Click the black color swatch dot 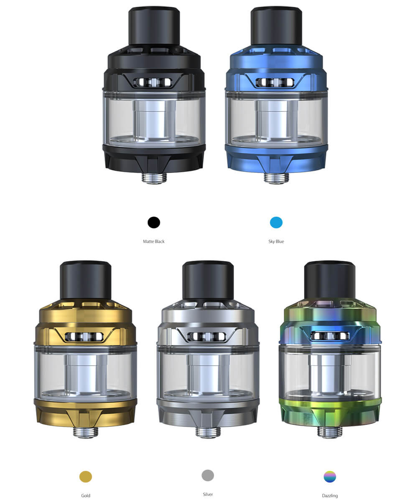154,223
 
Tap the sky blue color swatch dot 276,223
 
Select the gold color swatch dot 86,476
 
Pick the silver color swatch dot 208,475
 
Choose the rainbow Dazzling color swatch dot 330,476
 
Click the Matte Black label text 154,241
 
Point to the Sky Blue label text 276,241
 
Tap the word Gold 86,495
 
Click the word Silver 208,494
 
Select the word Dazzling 330,495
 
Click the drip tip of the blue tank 276,26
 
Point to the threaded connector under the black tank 154,177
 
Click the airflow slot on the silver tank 208,336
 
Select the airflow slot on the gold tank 86,336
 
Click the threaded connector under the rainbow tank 330,432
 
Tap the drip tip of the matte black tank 154,26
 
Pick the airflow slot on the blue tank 276,82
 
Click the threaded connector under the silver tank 208,432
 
